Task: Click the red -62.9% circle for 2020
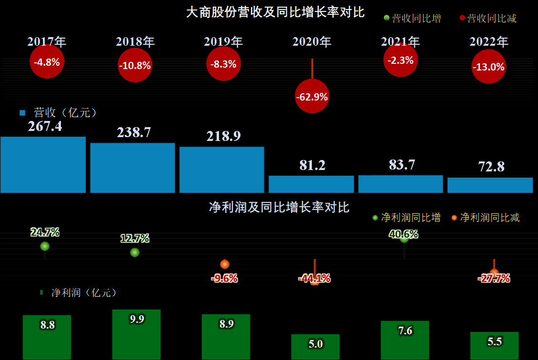click(312, 96)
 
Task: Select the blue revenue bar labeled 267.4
click(43, 165)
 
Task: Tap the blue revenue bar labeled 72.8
click(490, 185)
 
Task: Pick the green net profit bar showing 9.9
click(136, 335)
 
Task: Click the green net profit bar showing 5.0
click(315, 347)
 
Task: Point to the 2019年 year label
click(223, 41)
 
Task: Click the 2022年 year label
click(489, 41)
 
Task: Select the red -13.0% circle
click(488, 67)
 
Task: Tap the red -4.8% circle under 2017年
click(47, 62)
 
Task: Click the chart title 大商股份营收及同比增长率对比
click(275, 12)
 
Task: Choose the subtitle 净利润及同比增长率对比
click(279, 207)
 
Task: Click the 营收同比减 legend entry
click(488, 18)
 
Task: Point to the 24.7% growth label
click(45, 232)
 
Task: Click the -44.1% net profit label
click(314, 278)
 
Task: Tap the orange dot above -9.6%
click(225, 264)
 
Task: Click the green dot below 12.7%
click(135, 252)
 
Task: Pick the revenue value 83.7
click(402, 165)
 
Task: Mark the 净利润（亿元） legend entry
click(79, 293)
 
